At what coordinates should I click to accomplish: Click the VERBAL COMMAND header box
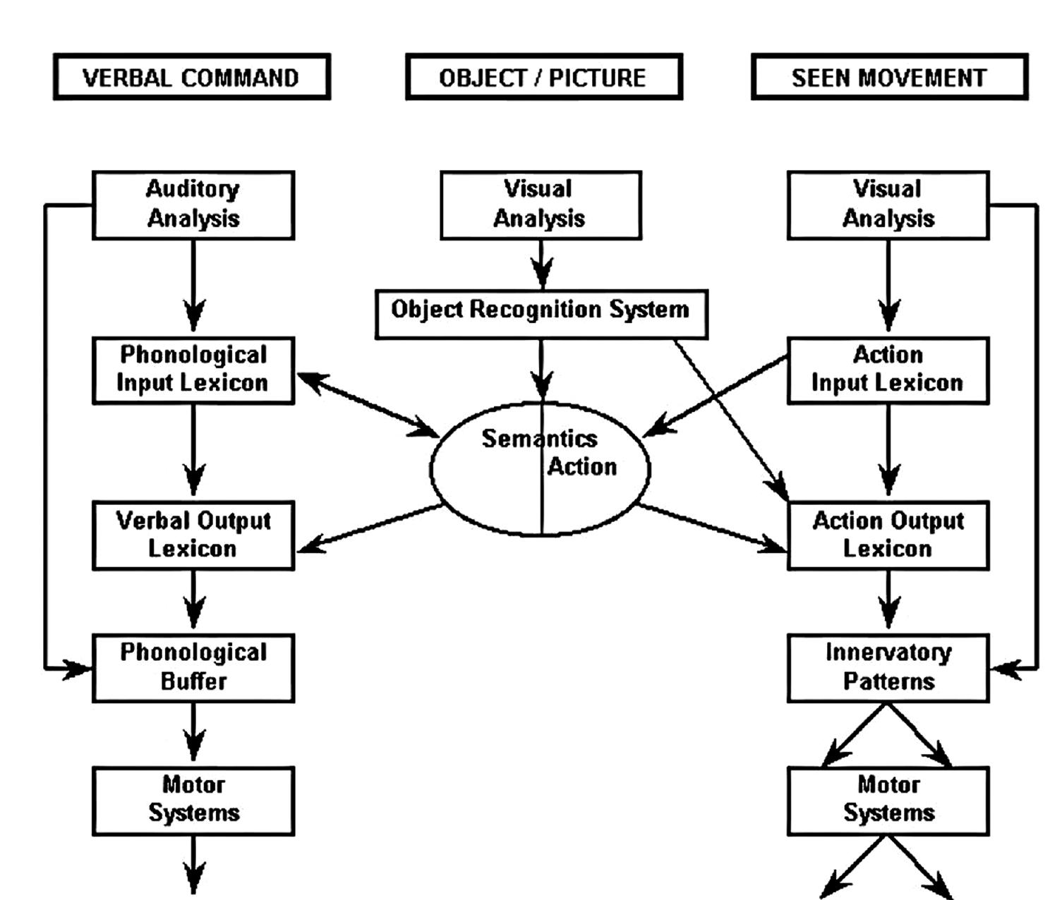pyautogui.click(x=191, y=77)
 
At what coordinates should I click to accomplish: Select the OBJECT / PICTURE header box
pyautogui.click(x=543, y=77)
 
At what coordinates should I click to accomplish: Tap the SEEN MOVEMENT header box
pyautogui.click(x=888, y=77)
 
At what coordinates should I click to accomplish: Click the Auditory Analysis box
pyautogui.click(x=193, y=205)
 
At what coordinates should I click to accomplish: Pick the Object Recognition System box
pyautogui.click(x=541, y=313)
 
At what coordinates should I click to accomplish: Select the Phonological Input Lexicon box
pyautogui.click(x=193, y=370)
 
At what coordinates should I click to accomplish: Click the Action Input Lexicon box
pyautogui.click(x=888, y=370)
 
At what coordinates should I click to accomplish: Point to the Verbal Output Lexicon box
pyautogui.click(x=193, y=535)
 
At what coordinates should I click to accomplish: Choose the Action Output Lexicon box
pyautogui.click(x=888, y=535)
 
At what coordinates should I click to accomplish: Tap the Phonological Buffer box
pyautogui.click(x=193, y=667)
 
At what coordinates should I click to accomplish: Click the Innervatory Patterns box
pyautogui.click(x=888, y=667)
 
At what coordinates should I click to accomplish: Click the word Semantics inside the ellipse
pyautogui.click(x=539, y=439)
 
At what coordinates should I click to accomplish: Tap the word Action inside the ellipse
pyautogui.click(x=582, y=467)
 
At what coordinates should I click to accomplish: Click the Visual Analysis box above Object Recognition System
pyautogui.click(x=541, y=205)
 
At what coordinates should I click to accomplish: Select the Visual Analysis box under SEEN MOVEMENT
pyautogui.click(x=888, y=205)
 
